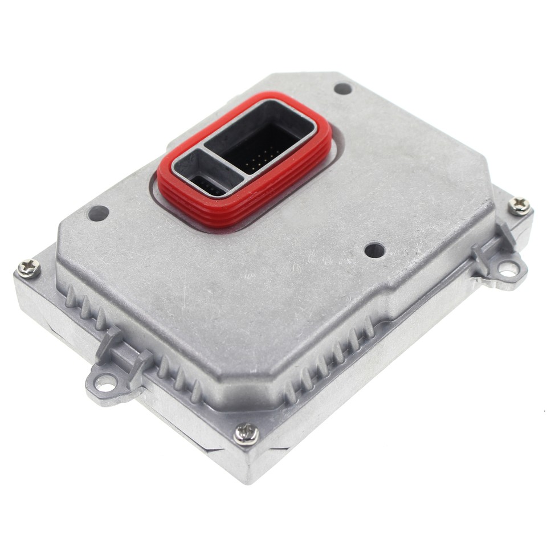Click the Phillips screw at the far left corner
pos(28,268)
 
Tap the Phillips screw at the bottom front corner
pos(246,434)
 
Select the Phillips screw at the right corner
pos(519,206)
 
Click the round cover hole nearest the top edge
pos(342,88)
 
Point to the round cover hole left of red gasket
pos(99,213)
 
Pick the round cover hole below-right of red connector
pos(374,250)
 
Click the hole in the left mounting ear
pos(105,383)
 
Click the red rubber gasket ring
pos(245,211)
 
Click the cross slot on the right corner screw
pos(519,206)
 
